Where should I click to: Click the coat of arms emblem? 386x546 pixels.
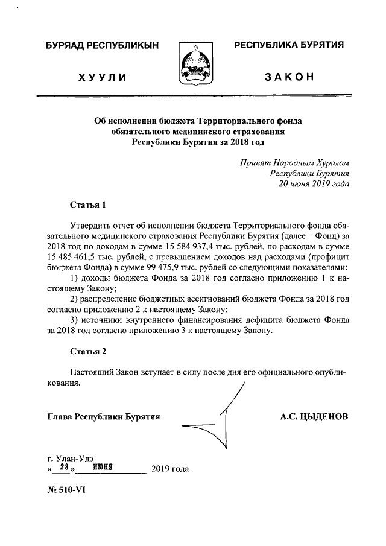(x=194, y=63)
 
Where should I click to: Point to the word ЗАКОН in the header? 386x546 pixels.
(x=289, y=78)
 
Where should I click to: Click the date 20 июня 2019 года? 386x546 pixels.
(x=313, y=184)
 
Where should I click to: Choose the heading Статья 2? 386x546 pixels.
(x=87, y=351)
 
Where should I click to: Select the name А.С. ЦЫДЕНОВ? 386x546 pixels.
(x=314, y=417)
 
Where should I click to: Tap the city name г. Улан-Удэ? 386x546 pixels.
(x=71, y=457)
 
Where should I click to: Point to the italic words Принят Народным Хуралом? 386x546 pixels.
(x=294, y=163)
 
